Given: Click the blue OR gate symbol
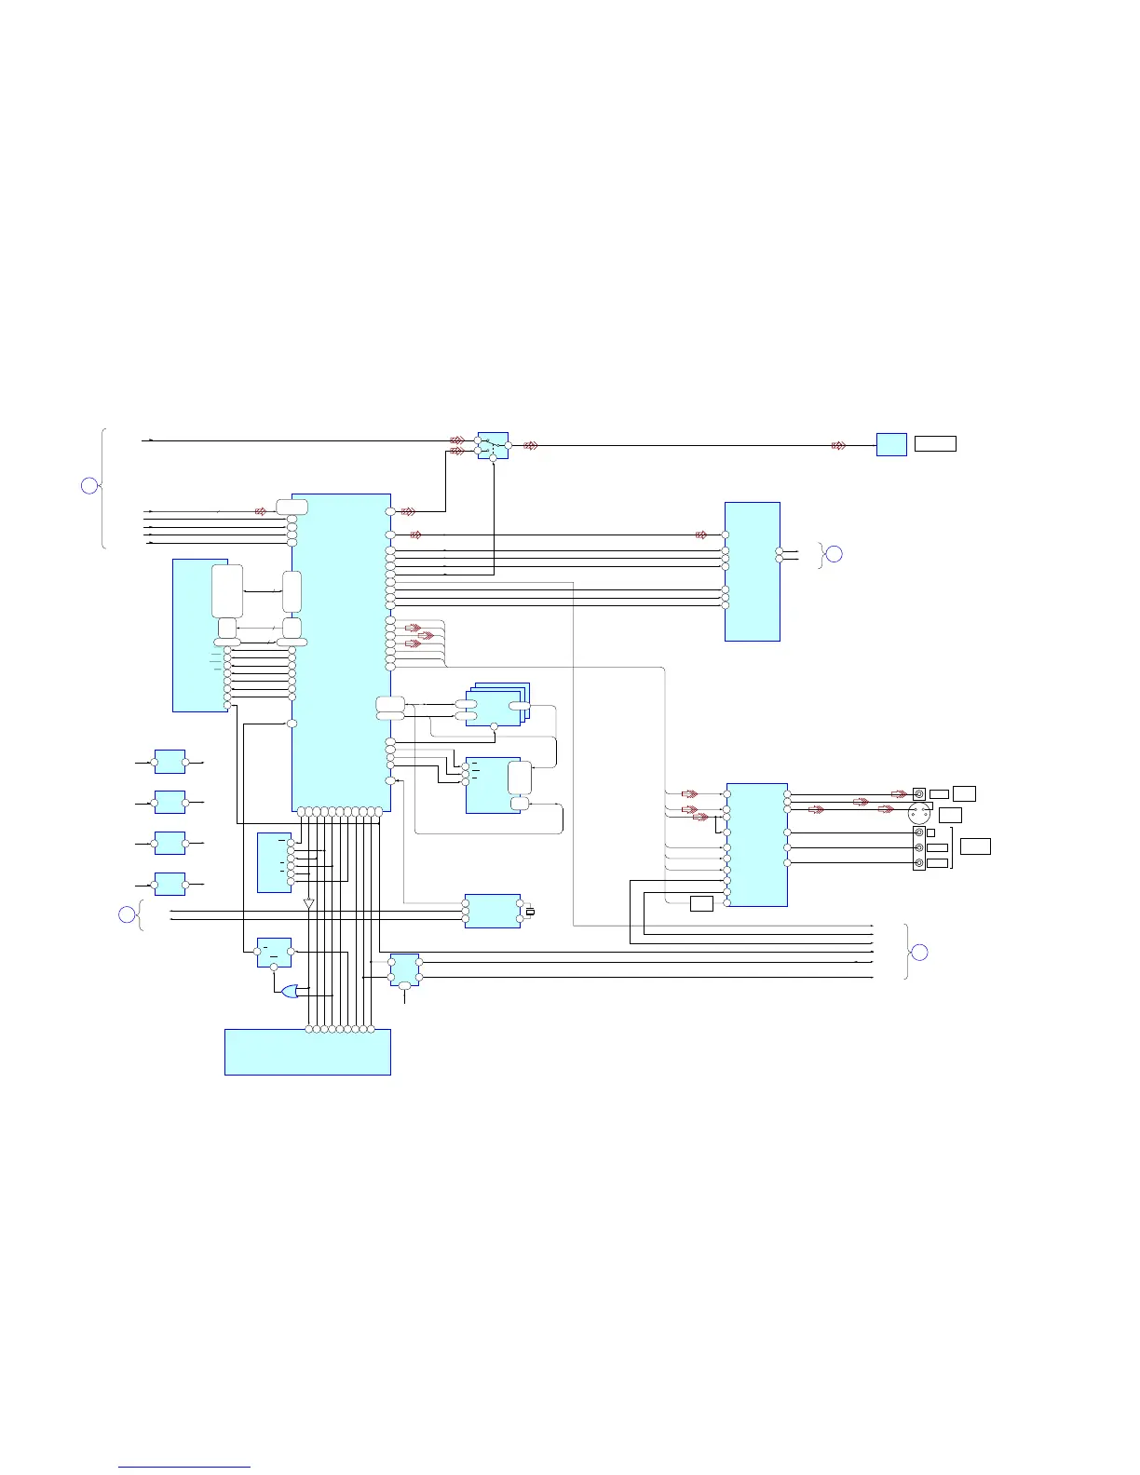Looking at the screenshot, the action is click(x=291, y=992).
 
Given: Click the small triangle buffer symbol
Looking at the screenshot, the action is click(x=308, y=903).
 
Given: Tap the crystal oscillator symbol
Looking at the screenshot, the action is click(x=530, y=912).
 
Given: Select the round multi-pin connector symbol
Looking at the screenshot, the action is click(x=918, y=814).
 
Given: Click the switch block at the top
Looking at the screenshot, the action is click(x=493, y=445).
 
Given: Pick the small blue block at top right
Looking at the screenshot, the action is click(x=891, y=444).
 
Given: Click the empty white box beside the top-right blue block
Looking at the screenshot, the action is click(x=935, y=443).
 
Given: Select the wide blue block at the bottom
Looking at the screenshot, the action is click(x=307, y=1052).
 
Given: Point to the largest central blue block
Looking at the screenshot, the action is click(x=341, y=652).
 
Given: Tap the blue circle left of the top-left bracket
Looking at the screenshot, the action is click(x=89, y=485).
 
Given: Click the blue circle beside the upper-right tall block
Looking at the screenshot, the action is click(x=835, y=554).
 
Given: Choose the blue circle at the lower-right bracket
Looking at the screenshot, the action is click(x=918, y=952).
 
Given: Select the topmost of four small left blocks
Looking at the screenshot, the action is click(x=170, y=762).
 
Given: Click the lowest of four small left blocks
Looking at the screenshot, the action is click(x=170, y=884).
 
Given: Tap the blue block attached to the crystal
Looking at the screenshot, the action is click(x=493, y=911).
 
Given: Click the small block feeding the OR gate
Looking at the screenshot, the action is click(x=274, y=952).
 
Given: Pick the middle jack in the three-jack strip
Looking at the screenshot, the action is click(x=920, y=848).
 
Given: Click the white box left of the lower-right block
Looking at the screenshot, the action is click(x=701, y=902).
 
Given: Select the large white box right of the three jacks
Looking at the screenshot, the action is click(x=975, y=846).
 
